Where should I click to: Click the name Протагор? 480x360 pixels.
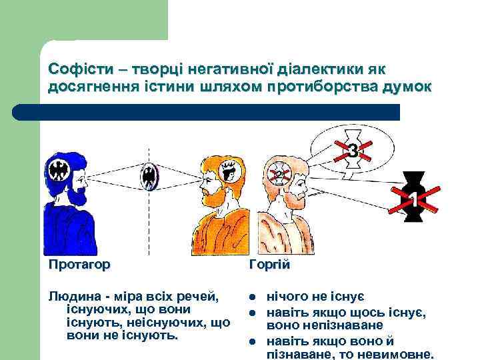click(79, 264)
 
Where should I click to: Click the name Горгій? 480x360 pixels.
click(269, 265)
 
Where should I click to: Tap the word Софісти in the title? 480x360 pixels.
click(75, 69)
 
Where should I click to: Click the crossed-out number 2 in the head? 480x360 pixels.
click(279, 175)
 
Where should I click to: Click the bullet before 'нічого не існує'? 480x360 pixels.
click(252, 297)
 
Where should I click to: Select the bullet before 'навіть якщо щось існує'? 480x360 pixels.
click(252, 312)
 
